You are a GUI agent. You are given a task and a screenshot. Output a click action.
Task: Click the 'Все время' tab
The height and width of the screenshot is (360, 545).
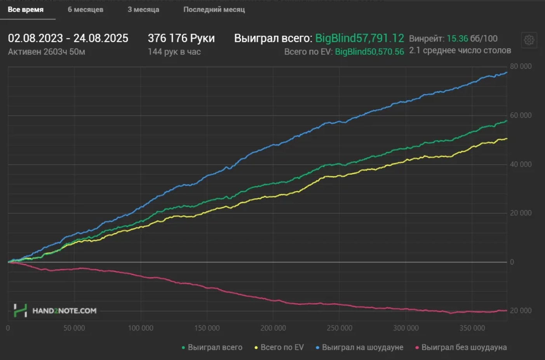[x=26, y=9]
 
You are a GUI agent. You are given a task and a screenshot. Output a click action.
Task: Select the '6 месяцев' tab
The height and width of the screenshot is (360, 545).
[x=85, y=9]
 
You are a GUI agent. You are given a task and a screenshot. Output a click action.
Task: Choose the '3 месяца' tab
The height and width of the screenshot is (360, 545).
[x=143, y=9]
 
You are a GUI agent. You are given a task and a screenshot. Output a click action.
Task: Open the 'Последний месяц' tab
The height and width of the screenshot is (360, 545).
[x=214, y=9]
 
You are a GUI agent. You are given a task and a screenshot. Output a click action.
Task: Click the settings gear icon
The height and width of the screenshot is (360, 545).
[x=529, y=40]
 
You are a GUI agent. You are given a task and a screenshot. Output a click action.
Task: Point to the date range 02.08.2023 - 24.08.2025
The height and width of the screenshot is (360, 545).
[x=68, y=38]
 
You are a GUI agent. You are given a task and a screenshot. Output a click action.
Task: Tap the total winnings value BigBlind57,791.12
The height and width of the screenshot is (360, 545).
[x=359, y=38]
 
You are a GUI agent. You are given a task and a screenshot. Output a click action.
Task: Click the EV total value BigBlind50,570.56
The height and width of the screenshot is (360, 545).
[x=369, y=52]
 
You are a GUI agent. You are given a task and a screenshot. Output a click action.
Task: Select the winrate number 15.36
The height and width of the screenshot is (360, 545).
[x=457, y=38]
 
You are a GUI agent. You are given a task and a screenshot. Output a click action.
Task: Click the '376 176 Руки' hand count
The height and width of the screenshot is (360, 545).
[x=181, y=38]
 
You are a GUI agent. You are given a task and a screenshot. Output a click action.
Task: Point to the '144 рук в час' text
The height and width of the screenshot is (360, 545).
[x=174, y=52]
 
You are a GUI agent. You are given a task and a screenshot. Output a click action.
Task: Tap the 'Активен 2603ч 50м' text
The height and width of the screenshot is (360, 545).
[x=47, y=52]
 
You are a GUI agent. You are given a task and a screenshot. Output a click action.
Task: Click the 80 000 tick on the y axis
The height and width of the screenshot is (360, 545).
[x=521, y=66]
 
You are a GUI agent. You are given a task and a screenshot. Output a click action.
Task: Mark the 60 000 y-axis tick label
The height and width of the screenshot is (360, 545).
[x=521, y=115]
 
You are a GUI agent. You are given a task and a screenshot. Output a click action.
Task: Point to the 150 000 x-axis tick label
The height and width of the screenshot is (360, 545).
[x=207, y=328]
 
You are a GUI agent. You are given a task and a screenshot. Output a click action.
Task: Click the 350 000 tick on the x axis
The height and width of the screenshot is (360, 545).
[x=472, y=328]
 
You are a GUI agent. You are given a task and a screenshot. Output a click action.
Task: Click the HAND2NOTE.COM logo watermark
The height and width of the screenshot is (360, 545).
[x=55, y=311]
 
